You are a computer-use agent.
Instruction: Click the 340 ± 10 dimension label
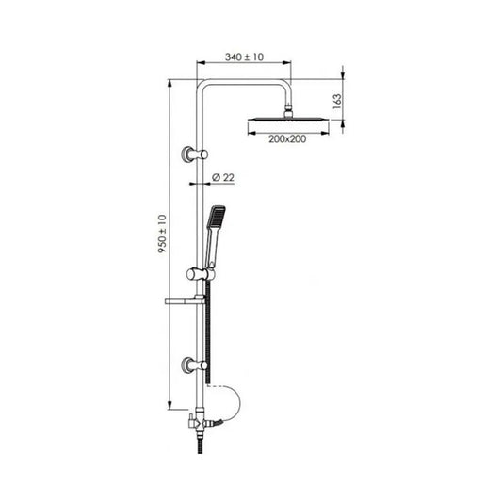[243, 58]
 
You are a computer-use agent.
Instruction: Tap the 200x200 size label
[288, 138]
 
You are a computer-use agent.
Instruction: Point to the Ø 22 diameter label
[222, 176]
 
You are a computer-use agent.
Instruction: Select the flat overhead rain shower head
[289, 120]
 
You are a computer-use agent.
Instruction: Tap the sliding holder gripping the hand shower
[194, 273]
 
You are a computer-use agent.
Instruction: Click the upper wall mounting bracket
[194, 153]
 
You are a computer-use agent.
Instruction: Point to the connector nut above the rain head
[288, 108]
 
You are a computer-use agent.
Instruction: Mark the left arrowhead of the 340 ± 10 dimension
[200, 67]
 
